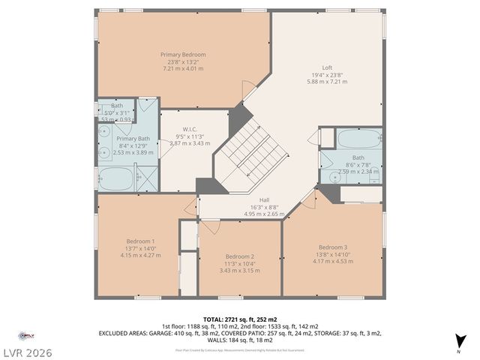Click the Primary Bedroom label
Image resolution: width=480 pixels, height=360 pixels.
(x=183, y=55)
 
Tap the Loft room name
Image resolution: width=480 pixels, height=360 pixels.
(x=327, y=67)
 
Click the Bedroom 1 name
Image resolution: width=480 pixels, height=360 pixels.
(x=136, y=241)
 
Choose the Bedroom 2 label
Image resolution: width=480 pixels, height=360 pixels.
(x=240, y=256)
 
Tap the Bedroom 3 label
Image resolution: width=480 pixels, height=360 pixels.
(x=333, y=247)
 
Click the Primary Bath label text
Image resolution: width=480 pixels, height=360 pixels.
(x=133, y=139)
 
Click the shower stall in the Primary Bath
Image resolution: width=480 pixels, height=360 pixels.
(x=147, y=177)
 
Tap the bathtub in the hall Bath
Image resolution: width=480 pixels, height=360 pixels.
(x=358, y=139)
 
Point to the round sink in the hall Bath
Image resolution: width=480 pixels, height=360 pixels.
(x=332, y=177)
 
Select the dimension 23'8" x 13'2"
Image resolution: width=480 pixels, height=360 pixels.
(x=183, y=61)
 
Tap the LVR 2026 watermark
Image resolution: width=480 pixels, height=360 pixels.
(x=28, y=351)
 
